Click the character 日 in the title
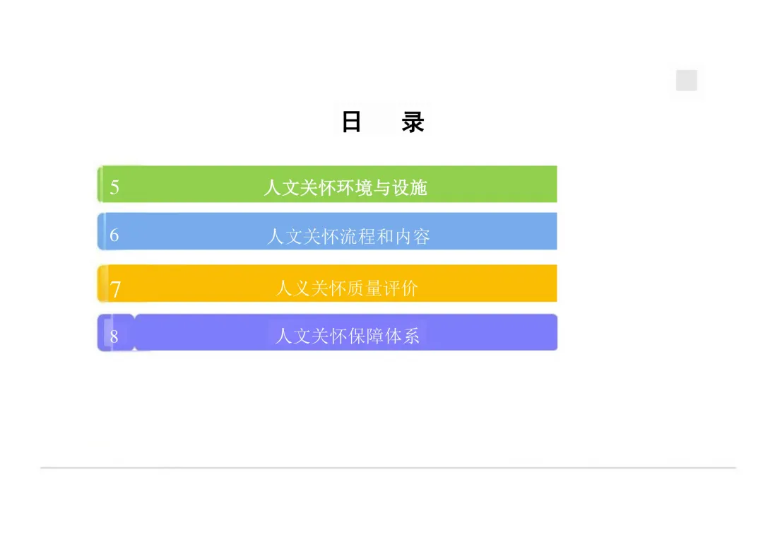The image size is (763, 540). (351, 122)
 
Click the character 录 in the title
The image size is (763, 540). (413, 122)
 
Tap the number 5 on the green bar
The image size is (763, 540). (114, 187)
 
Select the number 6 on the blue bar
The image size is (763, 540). (114, 235)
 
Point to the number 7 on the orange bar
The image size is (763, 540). (115, 288)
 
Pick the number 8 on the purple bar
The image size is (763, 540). (114, 336)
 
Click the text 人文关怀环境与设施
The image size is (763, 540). (345, 187)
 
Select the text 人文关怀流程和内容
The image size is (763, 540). (348, 235)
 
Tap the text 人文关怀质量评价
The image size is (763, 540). (347, 288)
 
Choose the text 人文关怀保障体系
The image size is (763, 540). (348, 335)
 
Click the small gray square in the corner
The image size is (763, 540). (686, 81)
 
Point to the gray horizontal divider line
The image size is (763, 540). (388, 467)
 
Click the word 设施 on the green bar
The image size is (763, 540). (410, 187)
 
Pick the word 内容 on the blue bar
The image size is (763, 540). (413, 235)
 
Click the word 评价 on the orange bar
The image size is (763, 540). (401, 288)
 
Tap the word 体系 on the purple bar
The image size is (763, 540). (402, 335)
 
